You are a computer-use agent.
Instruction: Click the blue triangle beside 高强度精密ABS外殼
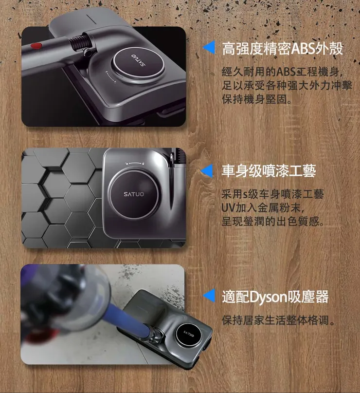point(209,48)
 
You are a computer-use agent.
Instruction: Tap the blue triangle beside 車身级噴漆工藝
point(209,170)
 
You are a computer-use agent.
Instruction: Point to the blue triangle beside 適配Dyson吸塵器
point(209,296)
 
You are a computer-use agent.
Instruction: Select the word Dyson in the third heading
point(270,296)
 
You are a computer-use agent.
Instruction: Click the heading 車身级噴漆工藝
point(269,171)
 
